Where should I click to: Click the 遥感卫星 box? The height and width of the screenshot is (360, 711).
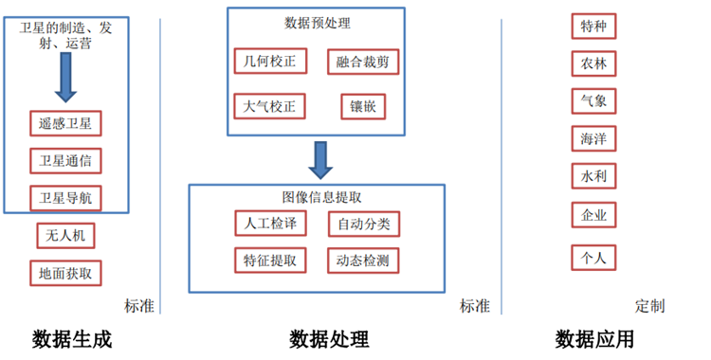(x=65, y=123)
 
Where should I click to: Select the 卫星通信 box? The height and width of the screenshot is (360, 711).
(x=65, y=161)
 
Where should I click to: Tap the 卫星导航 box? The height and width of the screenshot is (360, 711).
(x=65, y=199)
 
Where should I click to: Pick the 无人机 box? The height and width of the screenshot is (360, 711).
(x=65, y=235)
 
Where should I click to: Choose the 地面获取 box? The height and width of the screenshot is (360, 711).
(x=65, y=274)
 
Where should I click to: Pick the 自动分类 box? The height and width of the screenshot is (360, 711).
(x=363, y=225)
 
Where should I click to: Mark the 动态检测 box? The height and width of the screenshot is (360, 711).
(x=363, y=260)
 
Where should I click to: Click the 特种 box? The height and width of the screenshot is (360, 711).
(x=594, y=27)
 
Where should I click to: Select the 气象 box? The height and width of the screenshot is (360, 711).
(x=594, y=100)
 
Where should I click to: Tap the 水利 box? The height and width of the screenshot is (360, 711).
(x=594, y=176)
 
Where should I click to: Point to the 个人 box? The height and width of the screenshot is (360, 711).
(x=594, y=257)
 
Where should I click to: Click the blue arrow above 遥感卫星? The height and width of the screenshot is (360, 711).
(x=65, y=79)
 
